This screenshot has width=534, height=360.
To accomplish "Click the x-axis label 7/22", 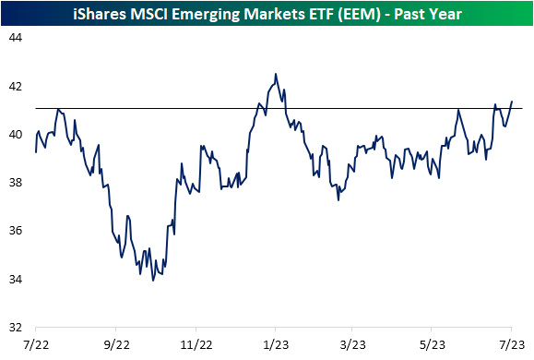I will click(x=36, y=343).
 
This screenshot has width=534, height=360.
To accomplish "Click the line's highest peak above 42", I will click(x=275, y=74).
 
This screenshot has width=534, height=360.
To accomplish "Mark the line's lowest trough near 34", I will click(x=152, y=280).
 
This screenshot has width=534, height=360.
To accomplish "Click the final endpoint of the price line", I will click(x=512, y=102).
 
